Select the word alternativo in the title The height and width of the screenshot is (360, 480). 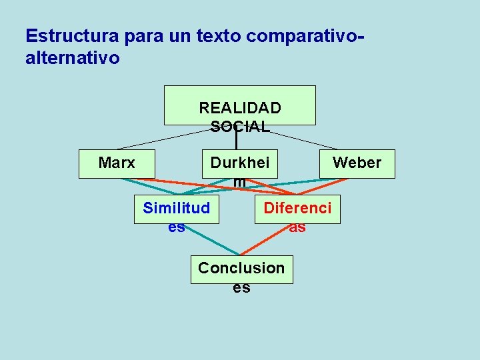[x=73, y=58]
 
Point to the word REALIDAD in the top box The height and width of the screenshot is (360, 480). [x=240, y=107]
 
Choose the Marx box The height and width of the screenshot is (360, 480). [x=117, y=163]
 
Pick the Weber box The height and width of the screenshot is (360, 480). [x=357, y=163]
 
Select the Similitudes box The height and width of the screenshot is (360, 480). [x=176, y=209]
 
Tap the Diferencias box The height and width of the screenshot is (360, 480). [x=297, y=208]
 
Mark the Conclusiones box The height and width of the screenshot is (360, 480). [x=241, y=269]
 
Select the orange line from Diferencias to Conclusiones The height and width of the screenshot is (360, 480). [x=267, y=240]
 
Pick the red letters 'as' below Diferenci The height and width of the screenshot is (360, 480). [x=297, y=227]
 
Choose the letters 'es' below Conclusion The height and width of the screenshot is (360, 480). [x=241, y=288]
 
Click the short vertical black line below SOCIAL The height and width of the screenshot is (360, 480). [x=236, y=142]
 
